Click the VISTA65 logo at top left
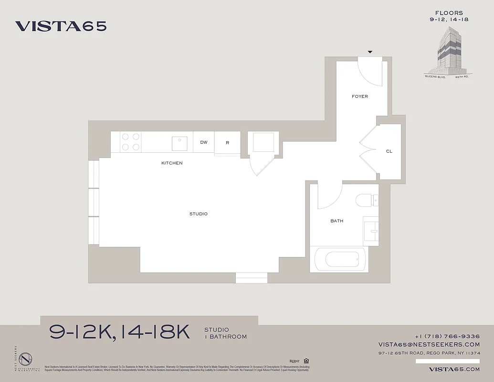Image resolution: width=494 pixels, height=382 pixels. click(x=61, y=26)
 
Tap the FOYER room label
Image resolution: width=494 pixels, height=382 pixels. click(x=360, y=96)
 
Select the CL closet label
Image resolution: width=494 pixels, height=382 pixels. click(x=389, y=151)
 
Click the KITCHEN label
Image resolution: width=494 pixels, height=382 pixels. click(x=172, y=163)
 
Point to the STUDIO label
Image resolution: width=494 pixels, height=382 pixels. click(x=199, y=214)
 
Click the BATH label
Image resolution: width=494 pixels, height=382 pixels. click(x=337, y=221)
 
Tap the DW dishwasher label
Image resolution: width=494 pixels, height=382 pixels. click(x=204, y=142)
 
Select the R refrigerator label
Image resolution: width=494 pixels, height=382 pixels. click(x=227, y=143)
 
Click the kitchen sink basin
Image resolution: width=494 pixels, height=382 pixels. click(x=180, y=142)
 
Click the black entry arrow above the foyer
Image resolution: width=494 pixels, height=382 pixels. click(x=370, y=52)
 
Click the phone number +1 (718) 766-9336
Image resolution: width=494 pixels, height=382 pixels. click(x=447, y=336)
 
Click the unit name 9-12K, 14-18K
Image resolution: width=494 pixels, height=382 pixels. click(x=120, y=332)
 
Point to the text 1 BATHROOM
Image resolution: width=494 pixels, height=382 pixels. click(x=225, y=337)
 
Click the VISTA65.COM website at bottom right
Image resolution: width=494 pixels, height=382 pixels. click(x=454, y=369)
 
